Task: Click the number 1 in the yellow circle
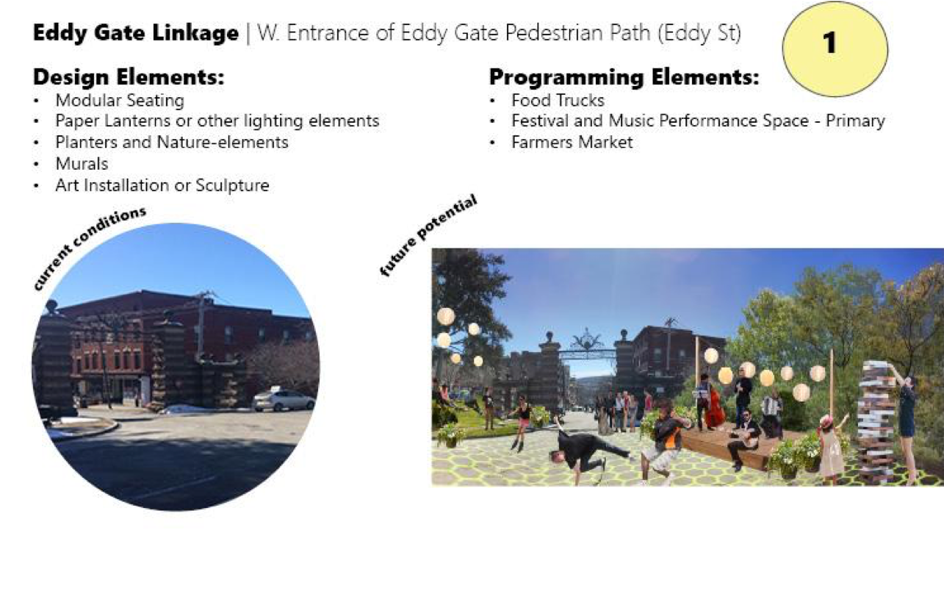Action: pyautogui.click(x=829, y=43)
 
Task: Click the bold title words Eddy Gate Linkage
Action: pyautogui.click(x=136, y=33)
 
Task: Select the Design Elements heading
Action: pyautogui.click(x=129, y=76)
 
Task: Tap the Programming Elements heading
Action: pyautogui.click(x=624, y=78)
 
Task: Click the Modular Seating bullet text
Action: pyautogui.click(x=120, y=101)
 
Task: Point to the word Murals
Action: pyautogui.click(x=82, y=164)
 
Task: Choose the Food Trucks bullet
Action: pyautogui.click(x=558, y=101)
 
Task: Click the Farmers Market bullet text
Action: pyautogui.click(x=572, y=142)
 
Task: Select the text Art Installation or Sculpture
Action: pyautogui.click(x=162, y=185)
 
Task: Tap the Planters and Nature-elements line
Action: pyautogui.click(x=172, y=142)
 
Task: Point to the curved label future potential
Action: pyautogui.click(x=428, y=235)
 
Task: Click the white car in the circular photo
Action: pyautogui.click(x=284, y=400)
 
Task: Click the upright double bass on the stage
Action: pyautogui.click(x=714, y=407)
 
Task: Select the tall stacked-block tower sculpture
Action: pyautogui.click(x=876, y=422)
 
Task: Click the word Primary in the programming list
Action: pyautogui.click(x=855, y=121)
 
